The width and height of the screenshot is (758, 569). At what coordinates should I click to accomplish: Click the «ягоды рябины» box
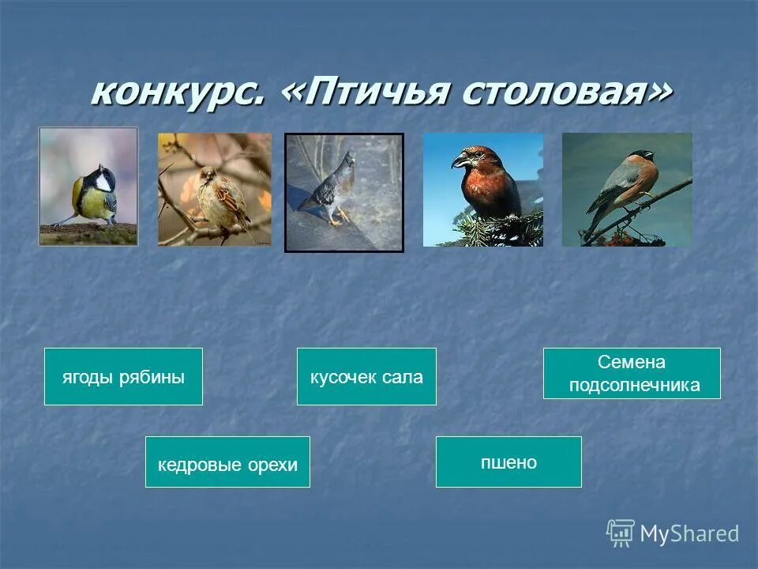(123, 377)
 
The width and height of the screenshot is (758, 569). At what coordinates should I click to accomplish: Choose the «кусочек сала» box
(366, 377)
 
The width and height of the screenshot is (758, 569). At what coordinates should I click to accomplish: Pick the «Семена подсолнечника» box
(632, 374)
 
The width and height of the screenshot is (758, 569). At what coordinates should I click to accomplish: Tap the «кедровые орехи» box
(227, 462)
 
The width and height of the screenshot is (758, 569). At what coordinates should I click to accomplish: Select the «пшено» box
(508, 462)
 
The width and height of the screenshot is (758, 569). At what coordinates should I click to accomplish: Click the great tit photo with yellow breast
(88, 187)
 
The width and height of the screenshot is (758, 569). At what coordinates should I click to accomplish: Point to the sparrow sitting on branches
(215, 190)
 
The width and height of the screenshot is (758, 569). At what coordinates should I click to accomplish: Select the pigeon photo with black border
(344, 192)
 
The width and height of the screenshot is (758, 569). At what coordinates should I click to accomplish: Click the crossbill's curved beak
(460, 160)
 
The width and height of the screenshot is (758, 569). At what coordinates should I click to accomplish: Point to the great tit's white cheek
(103, 182)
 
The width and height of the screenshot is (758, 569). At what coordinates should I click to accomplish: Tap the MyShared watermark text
(689, 533)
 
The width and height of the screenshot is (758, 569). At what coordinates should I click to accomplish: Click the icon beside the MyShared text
(621, 533)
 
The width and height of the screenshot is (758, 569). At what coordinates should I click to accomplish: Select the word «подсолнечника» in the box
(635, 385)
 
